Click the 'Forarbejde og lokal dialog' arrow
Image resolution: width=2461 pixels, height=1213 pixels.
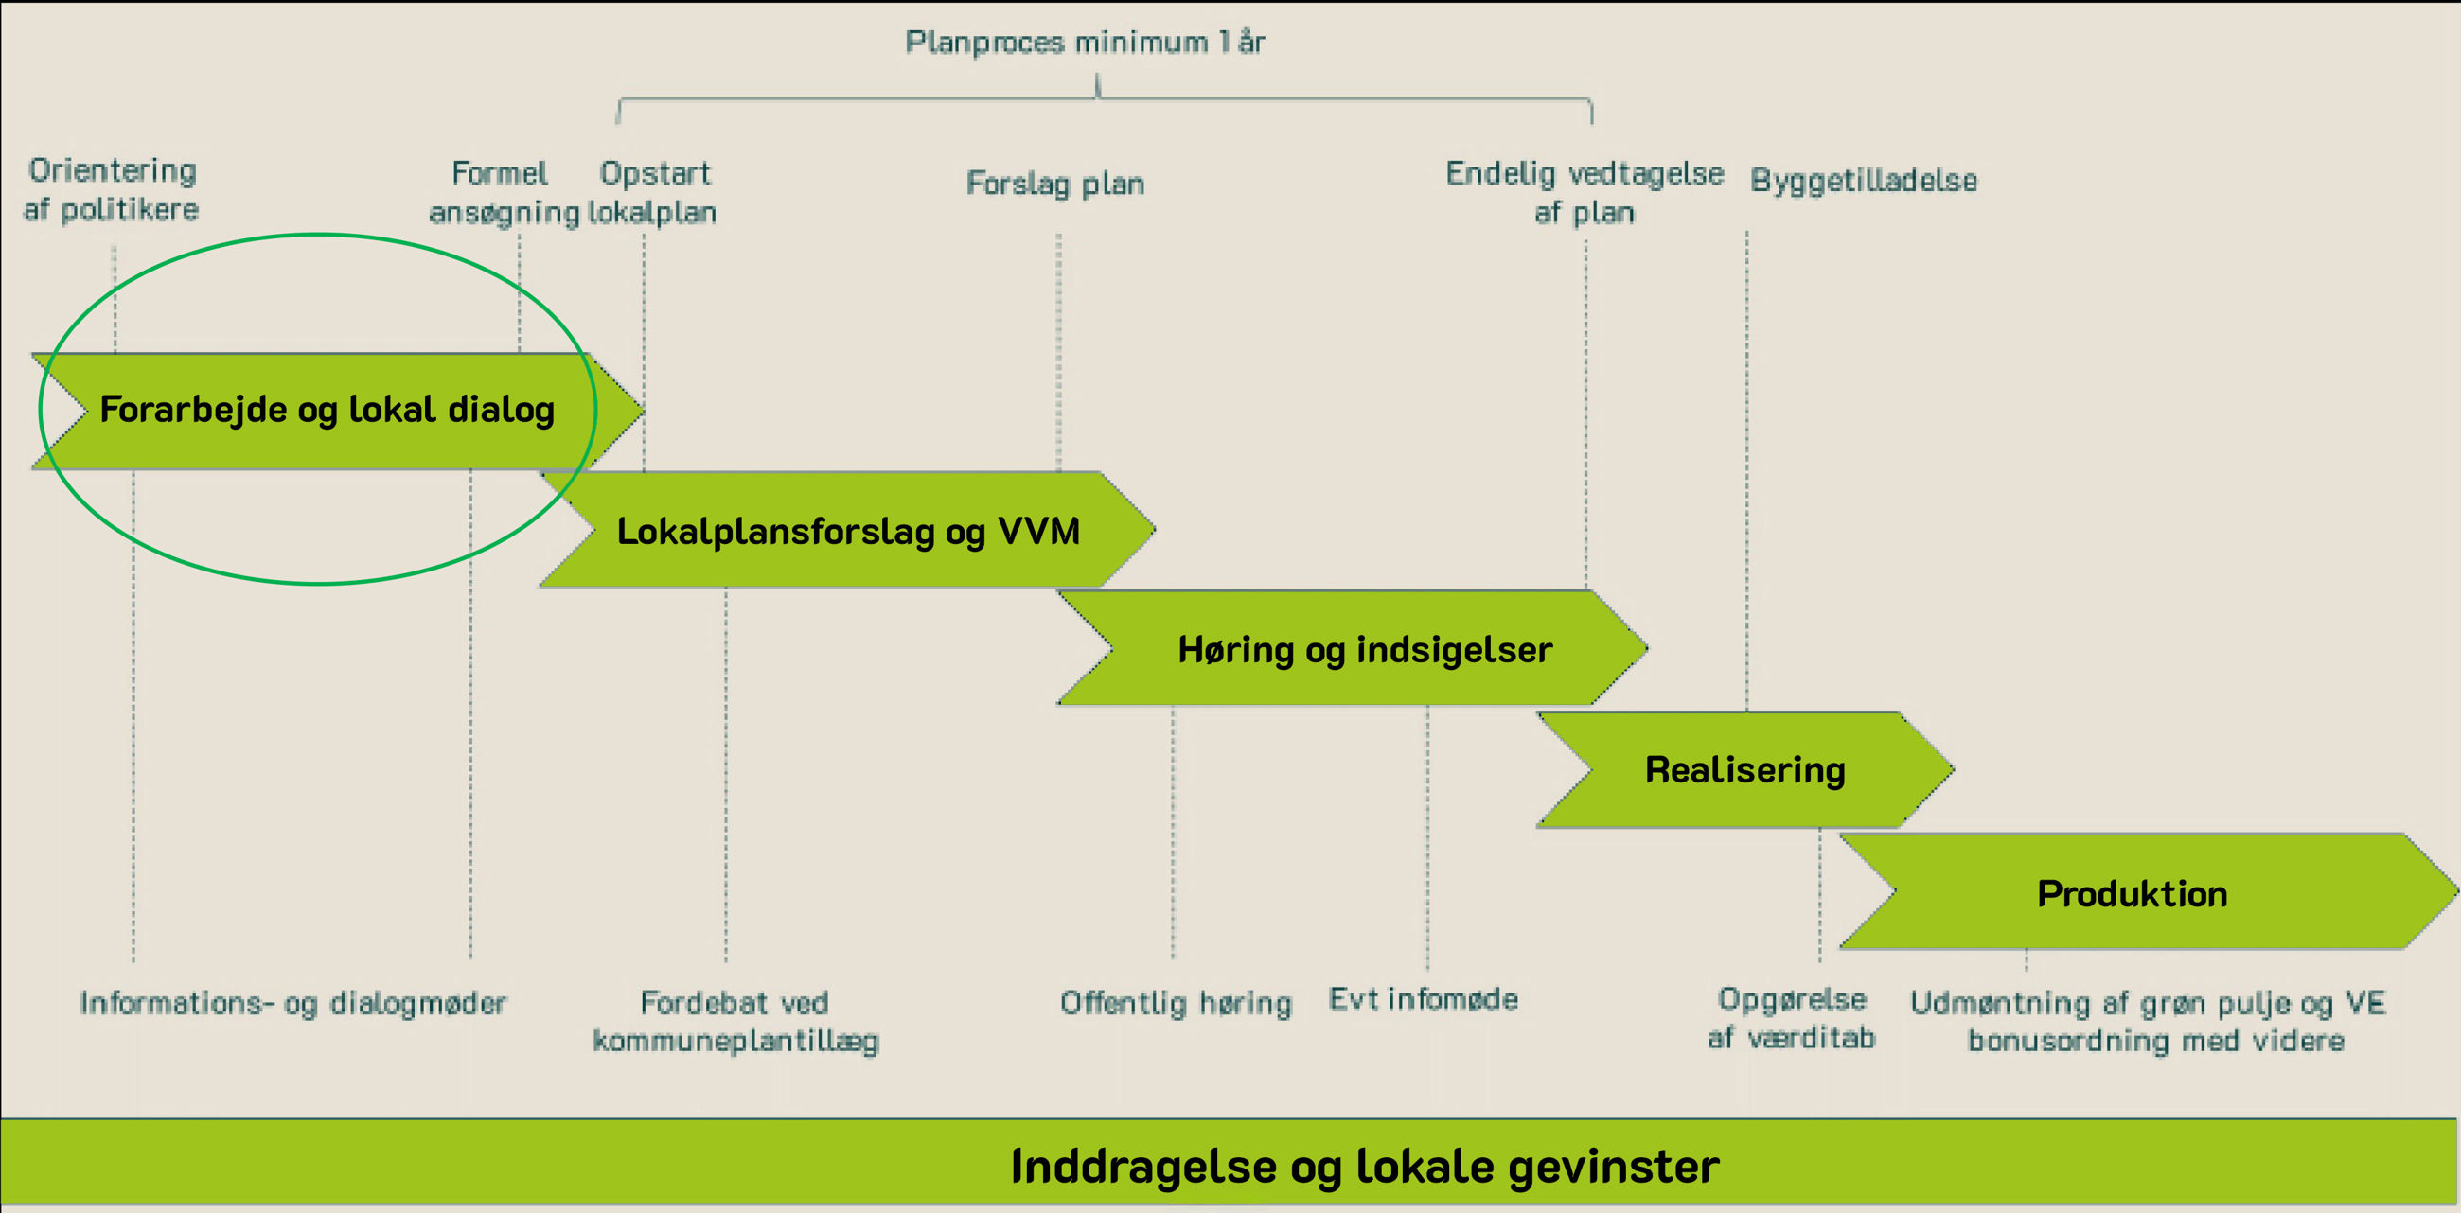click(327, 410)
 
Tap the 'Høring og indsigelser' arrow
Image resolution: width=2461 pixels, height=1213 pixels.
click(1364, 649)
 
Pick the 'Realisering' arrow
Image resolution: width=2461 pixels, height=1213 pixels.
click(1744, 770)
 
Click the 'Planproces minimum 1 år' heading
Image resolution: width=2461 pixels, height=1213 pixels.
click(1085, 43)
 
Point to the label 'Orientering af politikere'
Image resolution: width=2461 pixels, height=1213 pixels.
click(112, 190)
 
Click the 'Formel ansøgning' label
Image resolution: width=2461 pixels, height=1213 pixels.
click(502, 193)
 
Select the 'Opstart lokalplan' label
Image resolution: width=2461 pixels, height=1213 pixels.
click(653, 193)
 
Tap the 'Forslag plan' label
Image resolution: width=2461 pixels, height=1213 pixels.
click(1054, 184)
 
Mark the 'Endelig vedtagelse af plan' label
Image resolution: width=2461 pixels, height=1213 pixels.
click(1584, 193)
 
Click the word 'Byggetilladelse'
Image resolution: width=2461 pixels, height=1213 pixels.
click(1863, 181)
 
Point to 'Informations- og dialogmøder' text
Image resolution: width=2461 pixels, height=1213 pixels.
click(292, 1003)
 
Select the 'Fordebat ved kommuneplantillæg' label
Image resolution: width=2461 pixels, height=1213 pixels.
click(735, 1021)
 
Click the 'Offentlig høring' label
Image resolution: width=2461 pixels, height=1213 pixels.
click(1175, 1003)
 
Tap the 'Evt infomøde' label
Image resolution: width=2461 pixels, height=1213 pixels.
click(1423, 1000)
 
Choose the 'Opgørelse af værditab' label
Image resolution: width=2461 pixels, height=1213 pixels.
click(1791, 1018)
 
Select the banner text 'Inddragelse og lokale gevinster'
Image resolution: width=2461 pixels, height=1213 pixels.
click(1364, 1167)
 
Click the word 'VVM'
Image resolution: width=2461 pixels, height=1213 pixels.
click(1038, 531)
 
